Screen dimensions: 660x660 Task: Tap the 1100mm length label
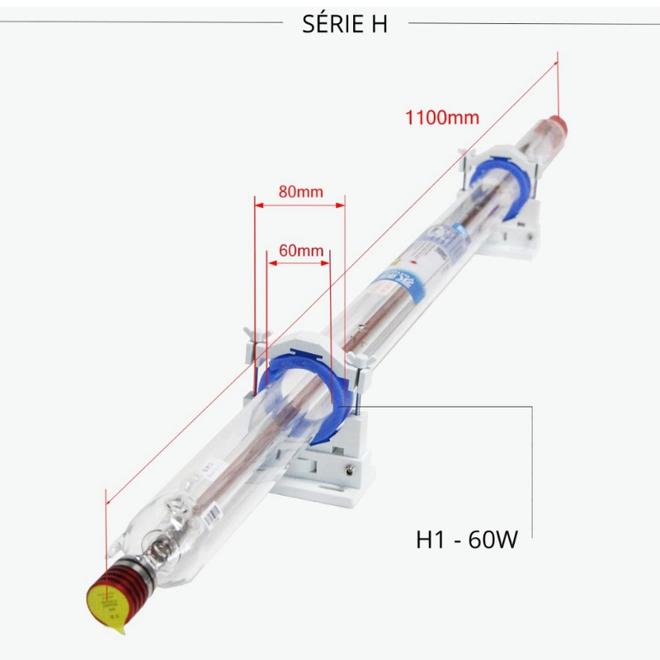point(441,116)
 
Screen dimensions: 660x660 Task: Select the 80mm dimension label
point(299,191)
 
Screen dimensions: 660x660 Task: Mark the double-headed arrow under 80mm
point(299,205)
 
